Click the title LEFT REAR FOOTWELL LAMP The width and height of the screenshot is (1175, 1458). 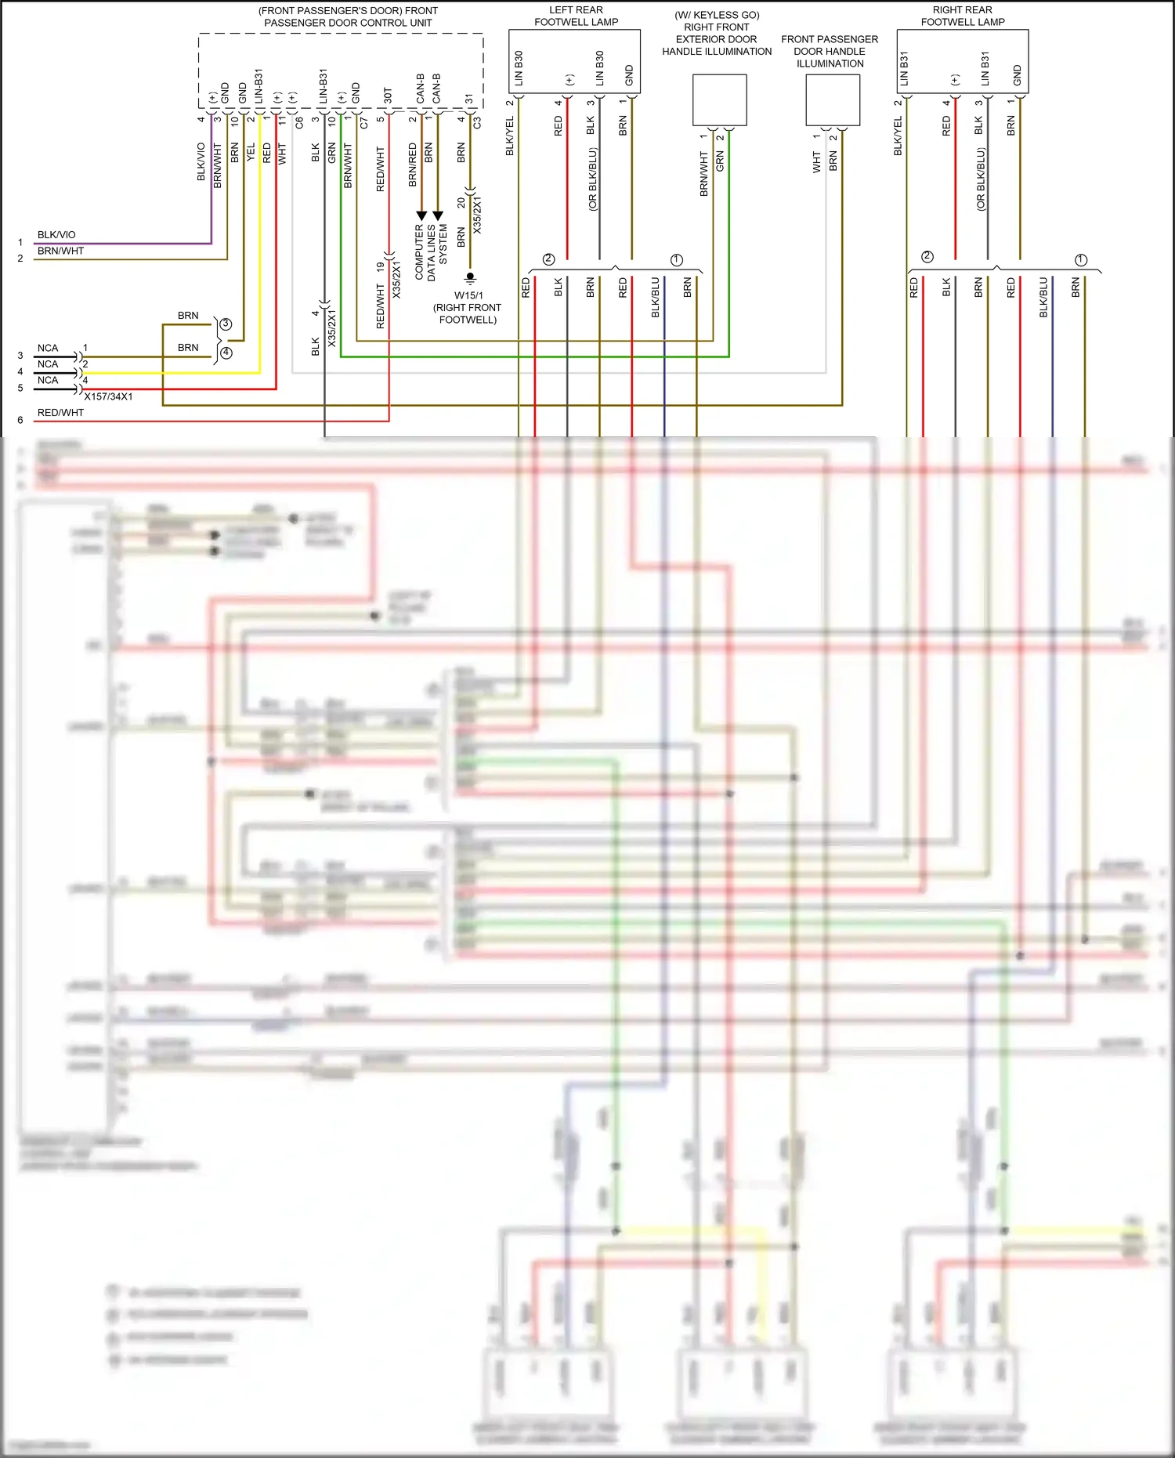pos(576,16)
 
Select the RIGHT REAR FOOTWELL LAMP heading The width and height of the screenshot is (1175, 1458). pos(962,16)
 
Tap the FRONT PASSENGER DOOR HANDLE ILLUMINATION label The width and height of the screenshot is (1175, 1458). pos(830,51)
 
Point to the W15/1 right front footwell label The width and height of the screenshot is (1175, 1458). pos(468,307)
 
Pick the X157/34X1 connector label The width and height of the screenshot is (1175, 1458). pos(108,396)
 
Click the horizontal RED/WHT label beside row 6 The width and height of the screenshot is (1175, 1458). pos(60,412)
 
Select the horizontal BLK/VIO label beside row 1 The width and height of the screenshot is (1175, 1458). pos(56,234)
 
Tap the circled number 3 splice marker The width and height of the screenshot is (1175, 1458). pos(226,324)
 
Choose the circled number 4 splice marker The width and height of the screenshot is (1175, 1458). pos(226,353)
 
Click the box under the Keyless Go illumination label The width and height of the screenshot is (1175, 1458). pos(719,99)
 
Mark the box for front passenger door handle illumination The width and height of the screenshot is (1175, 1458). pos(833,99)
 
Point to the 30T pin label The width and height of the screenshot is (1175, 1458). pos(388,96)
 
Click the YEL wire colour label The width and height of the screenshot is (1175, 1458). pos(251,152)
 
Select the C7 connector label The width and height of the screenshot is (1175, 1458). pos(363,123)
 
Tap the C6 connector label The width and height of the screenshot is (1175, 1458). pos(298,123)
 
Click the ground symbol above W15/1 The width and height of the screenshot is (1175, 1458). pos(470,277)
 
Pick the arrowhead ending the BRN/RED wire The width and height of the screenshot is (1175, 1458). pos(421,215)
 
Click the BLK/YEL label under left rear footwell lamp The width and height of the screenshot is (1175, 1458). pos(510,136)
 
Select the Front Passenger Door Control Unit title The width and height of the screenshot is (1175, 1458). pos(348,16)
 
